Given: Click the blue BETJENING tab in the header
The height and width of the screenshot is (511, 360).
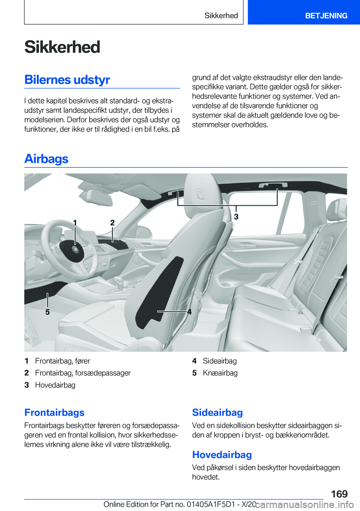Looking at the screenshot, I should (x=326, y=16).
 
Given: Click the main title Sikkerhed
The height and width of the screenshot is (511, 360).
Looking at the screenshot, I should (x=62, y=47).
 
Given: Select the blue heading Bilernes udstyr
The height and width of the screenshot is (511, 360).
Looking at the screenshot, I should (x=67, y=80).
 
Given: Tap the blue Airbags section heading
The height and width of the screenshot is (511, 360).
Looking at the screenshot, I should (x=46, y=159).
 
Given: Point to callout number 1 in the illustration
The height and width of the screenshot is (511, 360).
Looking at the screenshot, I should (x=75, y=223).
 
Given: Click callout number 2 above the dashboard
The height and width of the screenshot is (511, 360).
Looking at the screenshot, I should (x=112, y=223).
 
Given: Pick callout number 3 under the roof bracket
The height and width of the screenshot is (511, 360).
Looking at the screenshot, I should (x=236, y=217).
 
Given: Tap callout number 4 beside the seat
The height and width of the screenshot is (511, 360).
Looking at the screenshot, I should (x=189, y=312).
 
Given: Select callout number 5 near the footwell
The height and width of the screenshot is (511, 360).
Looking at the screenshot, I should (x=48, y=312).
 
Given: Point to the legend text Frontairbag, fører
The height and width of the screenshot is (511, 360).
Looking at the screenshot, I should (x=63, y=361).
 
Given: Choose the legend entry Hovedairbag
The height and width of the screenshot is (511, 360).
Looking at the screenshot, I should (x=55, y=385).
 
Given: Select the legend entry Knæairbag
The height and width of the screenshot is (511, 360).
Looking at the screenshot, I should (x=220, y=373).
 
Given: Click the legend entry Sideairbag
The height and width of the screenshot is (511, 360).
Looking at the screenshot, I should (x=220, y=361).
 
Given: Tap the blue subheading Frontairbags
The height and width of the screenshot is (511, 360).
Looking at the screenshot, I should (x=54, y=412).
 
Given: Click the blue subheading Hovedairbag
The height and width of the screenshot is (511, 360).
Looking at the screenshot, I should (x=222, y=455).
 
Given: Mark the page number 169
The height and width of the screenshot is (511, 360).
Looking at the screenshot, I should (x=339, y=494).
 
